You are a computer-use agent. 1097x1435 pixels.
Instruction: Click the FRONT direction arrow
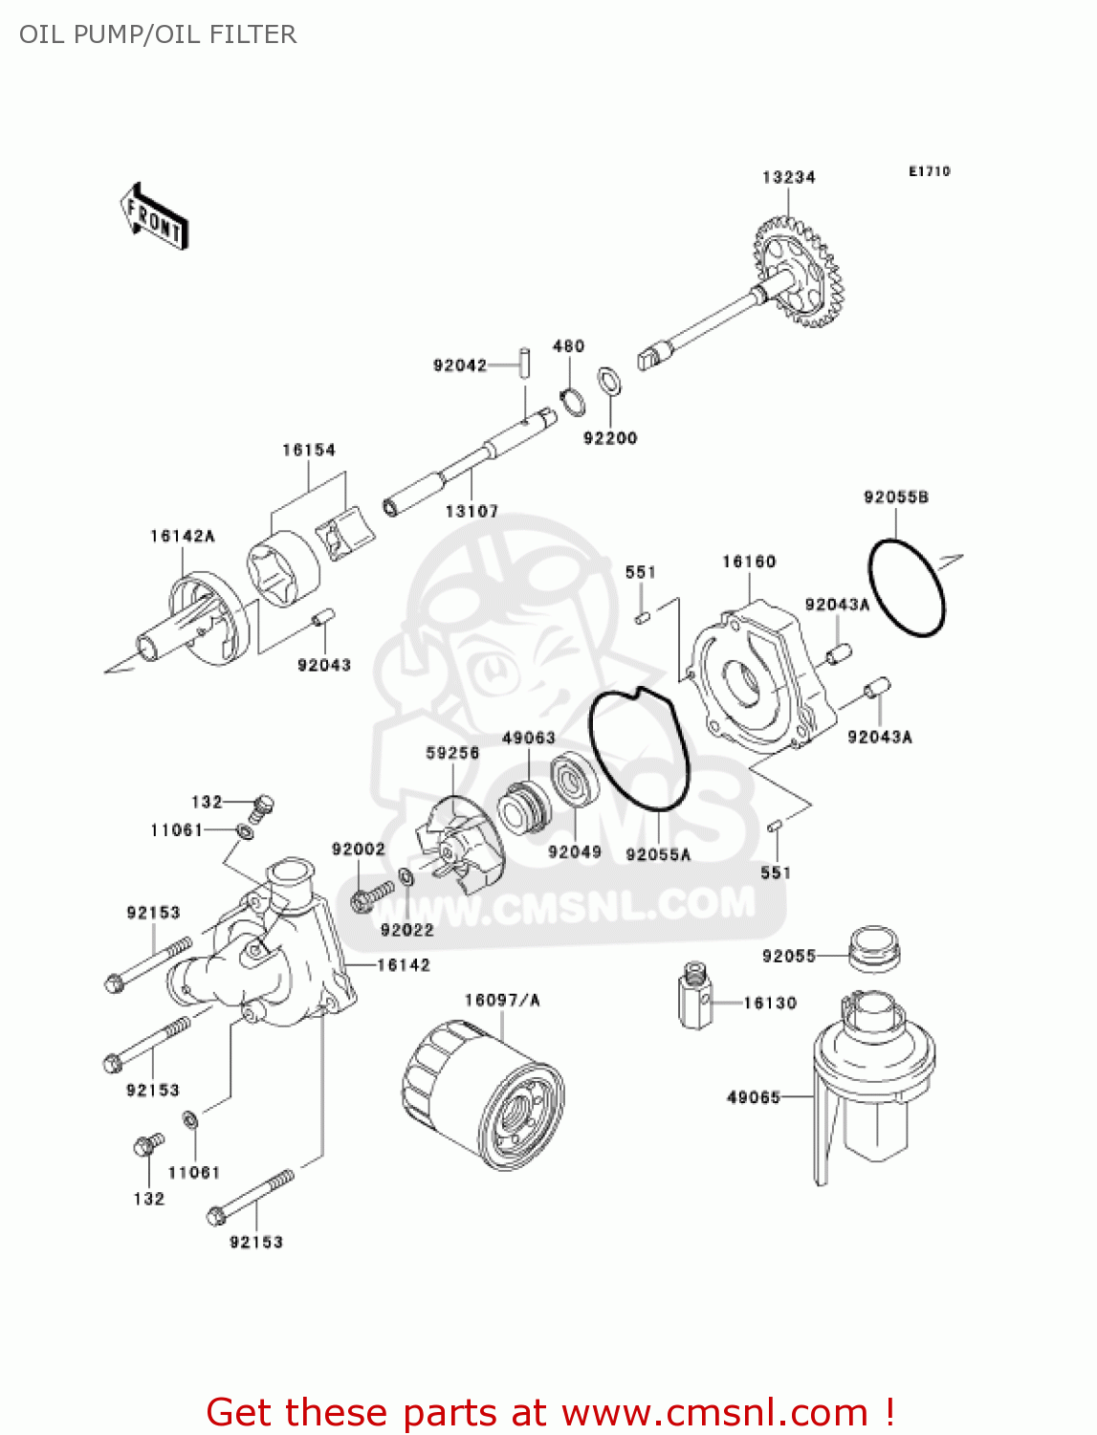pos(153,217)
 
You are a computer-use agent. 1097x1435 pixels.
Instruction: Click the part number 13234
pos(788,177)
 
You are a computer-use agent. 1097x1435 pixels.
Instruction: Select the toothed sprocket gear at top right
pos(796,273)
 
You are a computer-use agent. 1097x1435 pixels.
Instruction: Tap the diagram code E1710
pos(929,171)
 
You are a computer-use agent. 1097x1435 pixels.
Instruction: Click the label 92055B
pos(895,497)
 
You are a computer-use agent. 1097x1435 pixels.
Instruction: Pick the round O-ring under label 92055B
pos(906,587)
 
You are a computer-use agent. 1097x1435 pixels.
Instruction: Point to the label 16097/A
pos(502,1001)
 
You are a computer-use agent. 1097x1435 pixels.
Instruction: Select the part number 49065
pos(754,1097)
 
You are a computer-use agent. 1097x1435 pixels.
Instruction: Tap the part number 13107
pos(472,512)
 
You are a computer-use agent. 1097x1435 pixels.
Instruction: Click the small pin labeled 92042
pos(525,365)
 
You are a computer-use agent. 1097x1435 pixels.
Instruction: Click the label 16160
pos(749,562)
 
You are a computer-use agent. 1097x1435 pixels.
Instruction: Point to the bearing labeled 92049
pos(574,782)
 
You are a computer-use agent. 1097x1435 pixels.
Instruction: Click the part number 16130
pos(770,1003)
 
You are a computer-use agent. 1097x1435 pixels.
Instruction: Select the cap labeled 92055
pos(874,946)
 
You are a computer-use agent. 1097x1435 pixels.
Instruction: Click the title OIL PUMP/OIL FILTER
pos(158,34)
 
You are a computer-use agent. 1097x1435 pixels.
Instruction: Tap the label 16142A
pos(182,536)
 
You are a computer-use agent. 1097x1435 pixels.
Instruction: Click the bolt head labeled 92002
pos(362,900)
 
